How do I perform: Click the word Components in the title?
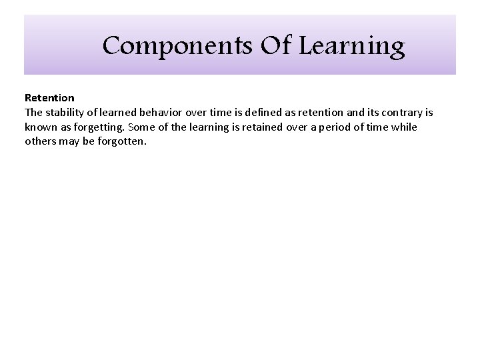(157, 47)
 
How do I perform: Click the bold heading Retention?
(49, 97)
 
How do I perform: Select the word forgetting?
(99, 127)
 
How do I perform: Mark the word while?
(404, 127)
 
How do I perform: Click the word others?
(41, 141)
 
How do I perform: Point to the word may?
(71, 141)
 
